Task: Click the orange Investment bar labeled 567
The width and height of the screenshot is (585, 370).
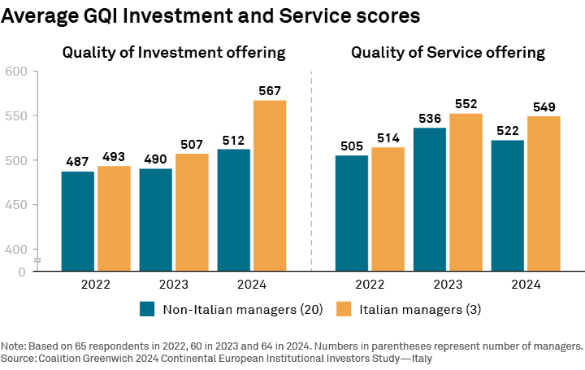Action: click(x=270, y=185)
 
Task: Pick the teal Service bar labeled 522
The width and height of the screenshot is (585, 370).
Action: click(x=510, y=206)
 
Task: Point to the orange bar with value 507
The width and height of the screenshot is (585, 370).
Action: click(x=192, y=212)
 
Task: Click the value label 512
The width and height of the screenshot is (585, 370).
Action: click(x=234, y=140)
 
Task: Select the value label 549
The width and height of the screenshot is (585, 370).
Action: click(x=544, y=107)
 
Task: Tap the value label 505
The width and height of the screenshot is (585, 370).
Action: click(x=352, y=146)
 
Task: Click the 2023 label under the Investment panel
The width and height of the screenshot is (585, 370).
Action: click(x=174, y=285)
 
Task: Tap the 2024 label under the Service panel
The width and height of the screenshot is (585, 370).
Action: click(x=526, y=285)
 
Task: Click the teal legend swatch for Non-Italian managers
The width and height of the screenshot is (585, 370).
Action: click(x=147, y=309)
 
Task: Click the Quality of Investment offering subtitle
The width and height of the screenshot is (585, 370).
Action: click(x=174, y=53)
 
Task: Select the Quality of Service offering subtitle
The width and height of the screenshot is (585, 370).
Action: click(x=448, y=53)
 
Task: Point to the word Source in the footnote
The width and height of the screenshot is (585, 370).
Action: click(x=19, y=358)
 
